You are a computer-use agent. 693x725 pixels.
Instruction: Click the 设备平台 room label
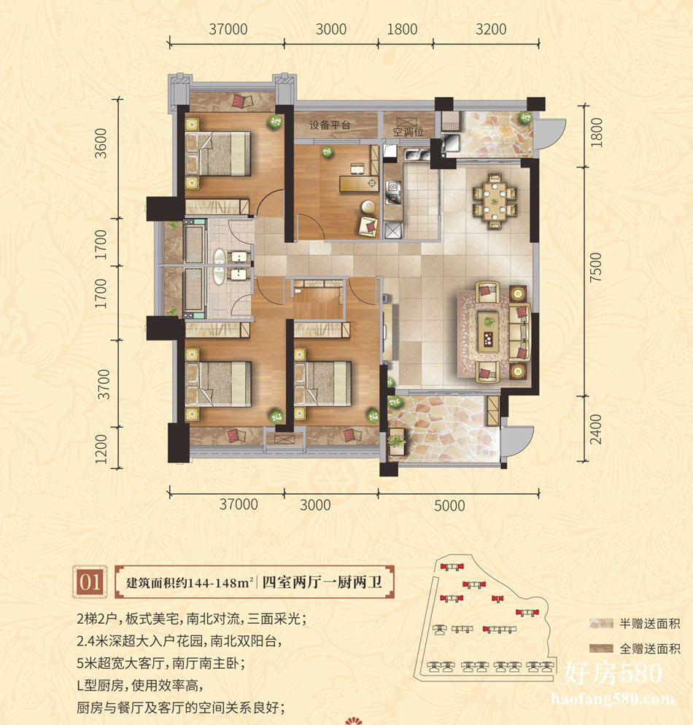pyautogui.click(x=330, y=125)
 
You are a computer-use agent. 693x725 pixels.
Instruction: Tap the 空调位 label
pyautogui.click(x=408, y=132)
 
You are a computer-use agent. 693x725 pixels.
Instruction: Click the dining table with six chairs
pyautogui.click(x=495, y=201)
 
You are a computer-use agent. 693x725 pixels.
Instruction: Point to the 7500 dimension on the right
pyautogui.click(x=596, y=267)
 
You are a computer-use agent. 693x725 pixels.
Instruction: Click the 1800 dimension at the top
pyautogui.click(x=402, y=30)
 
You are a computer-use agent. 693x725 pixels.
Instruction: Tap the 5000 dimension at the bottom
pyautogui.click(x=449, y=506)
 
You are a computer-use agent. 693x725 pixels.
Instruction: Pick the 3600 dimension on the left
pyautogui.click(x=101, y=143)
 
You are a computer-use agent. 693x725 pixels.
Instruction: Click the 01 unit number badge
pyautogui.click(x=90, y=581)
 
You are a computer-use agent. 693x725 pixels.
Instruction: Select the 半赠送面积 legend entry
pyautogui.click(x=634, y=624)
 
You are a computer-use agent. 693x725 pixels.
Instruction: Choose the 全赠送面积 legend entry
pyautogui.click(x=634, y=648)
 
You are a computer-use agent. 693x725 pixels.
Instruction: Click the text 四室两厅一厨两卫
pyautogui.click(x=322, y=581)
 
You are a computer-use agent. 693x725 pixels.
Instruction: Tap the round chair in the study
pyautogui.click(x=368, y=206)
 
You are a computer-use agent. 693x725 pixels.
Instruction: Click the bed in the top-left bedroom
pyautogui.click(x=217, y=154)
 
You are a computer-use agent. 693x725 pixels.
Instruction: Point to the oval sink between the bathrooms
pyautogui.click(x=219, y=267)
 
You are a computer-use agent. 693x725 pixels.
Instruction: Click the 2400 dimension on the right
pyautogui.click(x=596, y=429)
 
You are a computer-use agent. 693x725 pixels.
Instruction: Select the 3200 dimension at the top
pyautogui.click(x=491, y=30)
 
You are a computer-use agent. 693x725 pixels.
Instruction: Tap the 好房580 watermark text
pyautogui.click(x=613, y=674)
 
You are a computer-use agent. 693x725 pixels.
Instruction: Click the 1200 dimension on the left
pyautogui.click(x=101, y=449)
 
